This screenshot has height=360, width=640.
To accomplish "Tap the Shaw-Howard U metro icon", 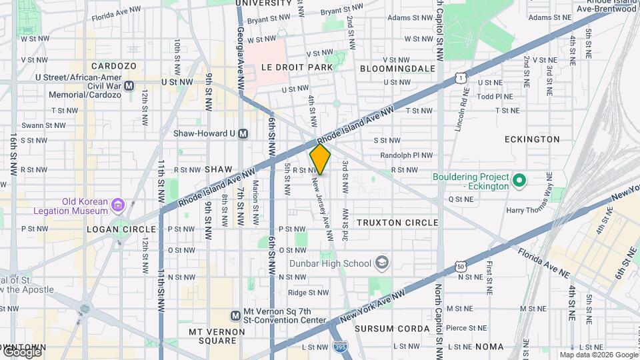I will click(243, 133).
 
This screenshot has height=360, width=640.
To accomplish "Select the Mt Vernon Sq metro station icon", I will click(235, 315).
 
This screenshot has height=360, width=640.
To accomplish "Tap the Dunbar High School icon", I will click(381, 263).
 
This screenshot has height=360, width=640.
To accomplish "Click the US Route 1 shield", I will click(461, 78).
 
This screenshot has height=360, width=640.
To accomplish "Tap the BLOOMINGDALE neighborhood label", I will click(397, 68).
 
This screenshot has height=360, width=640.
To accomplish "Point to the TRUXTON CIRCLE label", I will click(397, 222).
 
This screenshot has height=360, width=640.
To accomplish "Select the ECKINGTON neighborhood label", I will click(532, 139).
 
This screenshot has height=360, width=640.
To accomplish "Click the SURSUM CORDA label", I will click(392, 329).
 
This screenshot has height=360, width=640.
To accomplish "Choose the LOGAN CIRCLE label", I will click(112, 228).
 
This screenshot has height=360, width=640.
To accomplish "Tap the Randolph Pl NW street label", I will click(406, 155).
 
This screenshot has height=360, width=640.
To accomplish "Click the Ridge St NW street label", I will click(305, 293).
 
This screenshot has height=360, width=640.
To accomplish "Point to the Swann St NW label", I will click(43, 125).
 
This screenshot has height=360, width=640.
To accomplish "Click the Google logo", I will click(21, 352).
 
